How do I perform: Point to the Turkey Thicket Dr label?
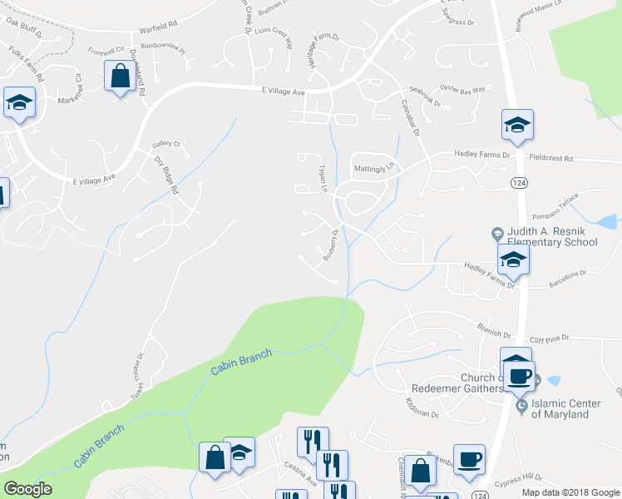point(139,378)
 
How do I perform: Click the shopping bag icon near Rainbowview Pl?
point(121,77)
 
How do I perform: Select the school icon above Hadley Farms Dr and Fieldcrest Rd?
point(516,126)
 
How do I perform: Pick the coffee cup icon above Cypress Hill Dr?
point(469,459)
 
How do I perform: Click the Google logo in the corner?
point(27,489)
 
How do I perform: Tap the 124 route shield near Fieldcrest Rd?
point(519,182)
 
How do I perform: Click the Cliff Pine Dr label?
point(549,338)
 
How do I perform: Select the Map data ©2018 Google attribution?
point(571,492)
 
